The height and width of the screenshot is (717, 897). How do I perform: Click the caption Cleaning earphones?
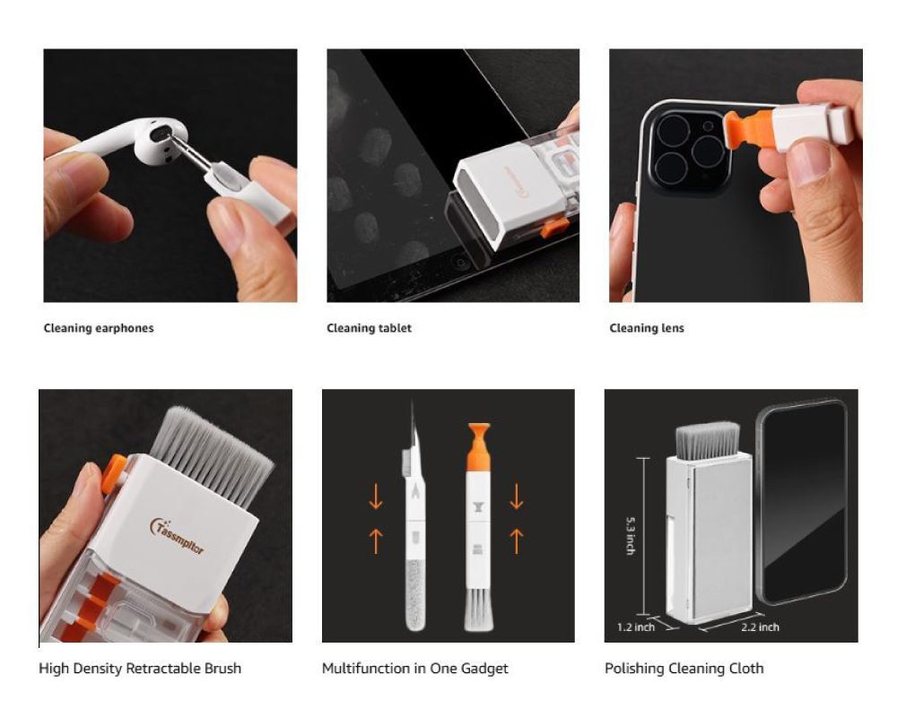pyautogui.click(x=99, y=328)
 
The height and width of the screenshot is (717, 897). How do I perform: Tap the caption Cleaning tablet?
pyautogui.click(x=369, y=328)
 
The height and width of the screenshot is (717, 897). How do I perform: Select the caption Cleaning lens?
pyautogui.click(x=647, y=328)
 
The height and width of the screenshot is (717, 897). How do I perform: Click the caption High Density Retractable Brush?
pyautogui.click(x=140, y=669)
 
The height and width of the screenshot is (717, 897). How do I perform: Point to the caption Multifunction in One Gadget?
pyautogui.click(x=414, y=669)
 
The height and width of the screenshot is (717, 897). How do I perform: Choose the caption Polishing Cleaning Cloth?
pyautogui.click(x=684, y=669)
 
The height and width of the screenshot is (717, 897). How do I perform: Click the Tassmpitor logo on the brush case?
pyautogui.click(x=177, y=536)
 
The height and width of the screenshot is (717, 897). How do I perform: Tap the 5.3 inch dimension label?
pyautogui.click(x=630, y=536)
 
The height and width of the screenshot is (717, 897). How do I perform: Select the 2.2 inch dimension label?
pyautogui.click(x=761, y=627)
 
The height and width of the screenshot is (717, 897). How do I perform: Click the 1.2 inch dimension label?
pyautogui.click(x=636, y=627)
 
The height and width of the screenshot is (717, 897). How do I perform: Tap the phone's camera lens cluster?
pyautogui.click(x=689, y=151)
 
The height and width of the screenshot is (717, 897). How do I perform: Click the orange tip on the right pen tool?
pyautogui.click(x=479, y=446)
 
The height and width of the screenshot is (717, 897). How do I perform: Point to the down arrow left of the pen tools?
pyautogui.click(x=376, y=497)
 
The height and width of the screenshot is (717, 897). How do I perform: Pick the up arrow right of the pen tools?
pyautogui.click(x=517, y=541)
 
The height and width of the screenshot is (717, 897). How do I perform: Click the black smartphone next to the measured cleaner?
pyautogui.click(x=803, y=502)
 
